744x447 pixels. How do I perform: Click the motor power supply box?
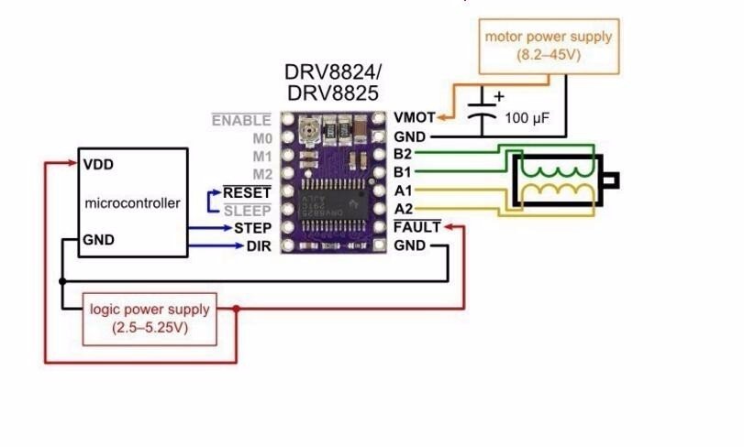(x=548, y=46)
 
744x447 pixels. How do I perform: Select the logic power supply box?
(x=149, y=318)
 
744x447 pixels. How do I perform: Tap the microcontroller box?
(x=132, y=202)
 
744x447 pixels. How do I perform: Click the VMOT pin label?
(x=414, y=117)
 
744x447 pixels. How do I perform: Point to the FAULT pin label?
(x=416, y=227)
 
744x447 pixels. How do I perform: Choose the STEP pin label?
(x=251, y=227)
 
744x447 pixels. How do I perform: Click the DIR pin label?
(x=258, y=246)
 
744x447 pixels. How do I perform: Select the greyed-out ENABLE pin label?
(x=241, y=120)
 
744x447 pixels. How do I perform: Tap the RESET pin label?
(x=247, y=192)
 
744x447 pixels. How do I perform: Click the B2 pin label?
(x=403, y=153)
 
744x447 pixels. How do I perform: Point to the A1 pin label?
(x=403, y=191)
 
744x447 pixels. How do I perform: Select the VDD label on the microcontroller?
(x=97, y=166)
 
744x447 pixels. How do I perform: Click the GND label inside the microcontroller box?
(x=98, y=240)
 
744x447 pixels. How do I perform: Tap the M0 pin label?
(x=262, y=138)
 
